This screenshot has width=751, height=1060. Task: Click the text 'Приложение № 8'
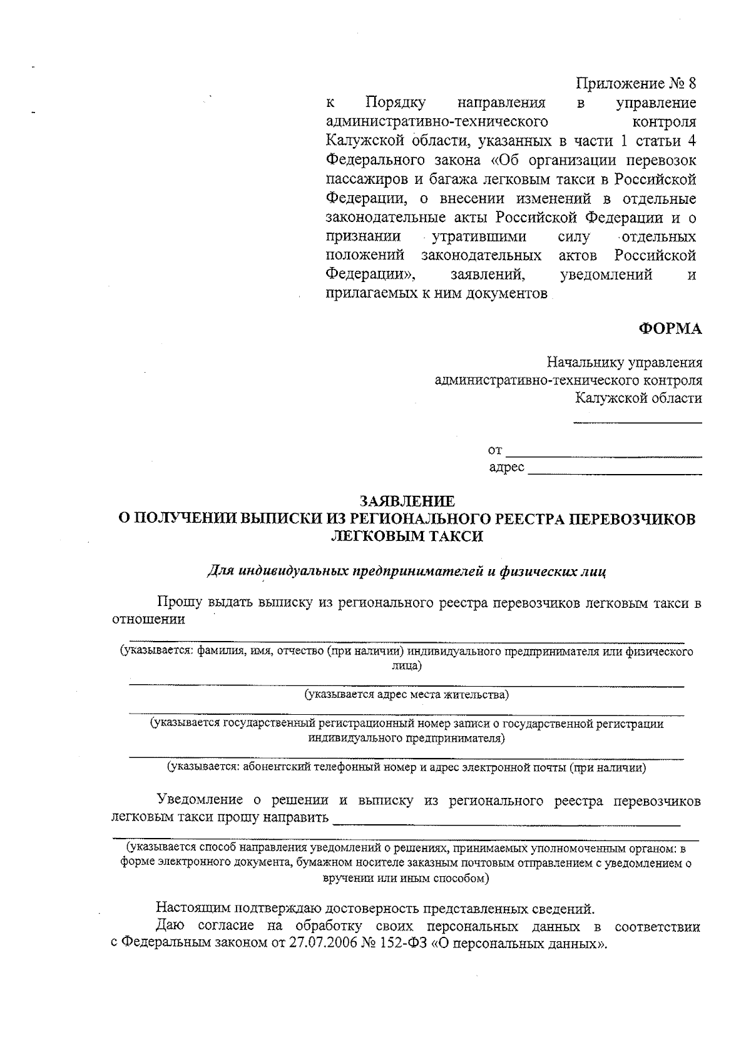point(635,83)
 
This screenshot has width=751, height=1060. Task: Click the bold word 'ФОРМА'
point(670,330)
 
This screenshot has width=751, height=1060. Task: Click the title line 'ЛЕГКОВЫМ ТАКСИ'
point(407,537)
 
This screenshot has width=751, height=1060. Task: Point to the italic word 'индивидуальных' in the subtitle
point(293,570)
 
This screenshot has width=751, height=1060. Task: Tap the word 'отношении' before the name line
point(148,620)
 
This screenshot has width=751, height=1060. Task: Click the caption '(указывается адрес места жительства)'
point(407,695)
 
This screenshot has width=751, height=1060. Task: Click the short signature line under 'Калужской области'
point(638,423)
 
